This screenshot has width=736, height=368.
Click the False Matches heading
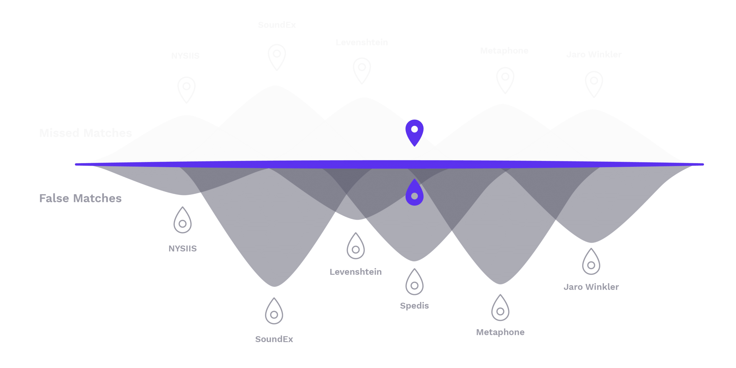tap(80, 198)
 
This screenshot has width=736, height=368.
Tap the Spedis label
tap(414, 306)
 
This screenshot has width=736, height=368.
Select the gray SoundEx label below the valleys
tap(274, 339)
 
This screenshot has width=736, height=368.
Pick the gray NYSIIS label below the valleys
tap(183, 248)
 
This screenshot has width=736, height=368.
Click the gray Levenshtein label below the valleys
tap(356, 272)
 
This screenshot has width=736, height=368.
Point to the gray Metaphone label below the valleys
tap(500, 332)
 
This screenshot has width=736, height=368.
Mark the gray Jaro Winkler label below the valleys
tap(591, 287)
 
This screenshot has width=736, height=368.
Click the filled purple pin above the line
tap(415, 132)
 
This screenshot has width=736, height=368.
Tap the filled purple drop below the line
tap(415, 193)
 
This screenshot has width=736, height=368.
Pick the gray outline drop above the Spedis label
tap(415, 283)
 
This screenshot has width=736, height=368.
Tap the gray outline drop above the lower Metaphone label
tap(500, 309)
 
